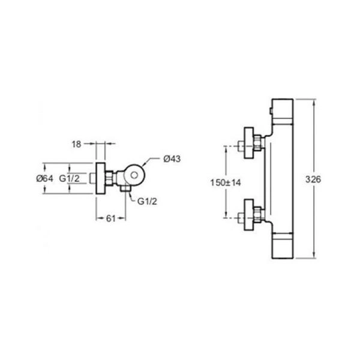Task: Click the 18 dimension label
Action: pos(76,145)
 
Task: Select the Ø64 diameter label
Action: pos(44,178)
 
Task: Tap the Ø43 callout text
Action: pos(172,158)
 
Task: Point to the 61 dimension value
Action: pos(110,218)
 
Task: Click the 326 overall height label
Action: pos(313,179)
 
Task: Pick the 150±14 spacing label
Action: pos(226,183)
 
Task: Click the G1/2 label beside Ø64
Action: pos(70,178)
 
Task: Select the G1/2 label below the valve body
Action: pos(147,202)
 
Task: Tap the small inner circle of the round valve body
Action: pos(134,175)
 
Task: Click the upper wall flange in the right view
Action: pos(249,143)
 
